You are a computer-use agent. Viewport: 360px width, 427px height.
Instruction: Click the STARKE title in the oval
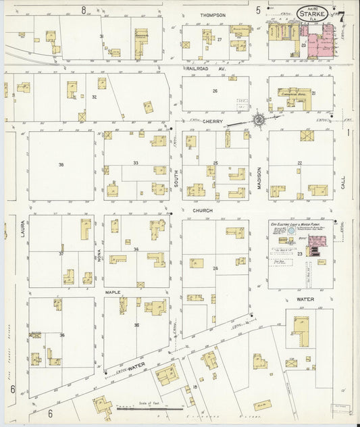point(313,13)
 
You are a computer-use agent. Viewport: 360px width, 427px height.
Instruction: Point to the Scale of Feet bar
point(149,409)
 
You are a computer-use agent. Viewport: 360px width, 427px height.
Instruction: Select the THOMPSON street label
point(212,14)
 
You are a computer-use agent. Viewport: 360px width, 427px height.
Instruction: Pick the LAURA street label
point(14,233)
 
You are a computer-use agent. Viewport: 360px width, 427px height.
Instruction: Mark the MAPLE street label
point(112,292)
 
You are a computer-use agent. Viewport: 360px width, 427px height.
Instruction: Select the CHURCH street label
point(202,211)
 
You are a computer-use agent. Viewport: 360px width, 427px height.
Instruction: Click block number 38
point(61,165)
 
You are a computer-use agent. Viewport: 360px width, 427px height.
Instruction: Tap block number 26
point(215,91)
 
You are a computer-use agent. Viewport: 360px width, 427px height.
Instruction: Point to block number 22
point(299,163)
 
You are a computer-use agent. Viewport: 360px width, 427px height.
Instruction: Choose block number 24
point(215,268)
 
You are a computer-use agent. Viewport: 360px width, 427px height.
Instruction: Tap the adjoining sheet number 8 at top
point(84,9)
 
